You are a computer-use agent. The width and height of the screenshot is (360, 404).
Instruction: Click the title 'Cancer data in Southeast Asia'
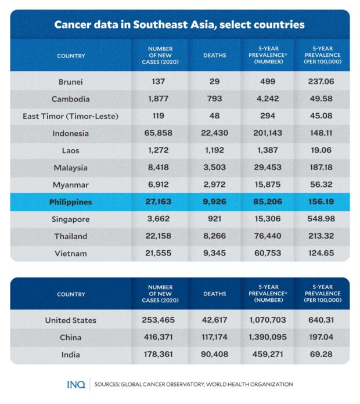(x=179, y=25)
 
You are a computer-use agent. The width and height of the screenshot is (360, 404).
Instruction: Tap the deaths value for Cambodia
(x=214, y=99)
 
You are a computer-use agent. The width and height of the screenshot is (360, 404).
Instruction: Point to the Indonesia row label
(x=71, y=133)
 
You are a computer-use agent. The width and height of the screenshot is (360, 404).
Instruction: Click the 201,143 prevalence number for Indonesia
(x=268, y=133)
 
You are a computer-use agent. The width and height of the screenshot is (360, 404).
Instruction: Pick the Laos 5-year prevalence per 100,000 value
(x=322, y=150)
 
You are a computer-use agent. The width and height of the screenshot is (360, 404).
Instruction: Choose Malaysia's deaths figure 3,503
(x=214, y=168)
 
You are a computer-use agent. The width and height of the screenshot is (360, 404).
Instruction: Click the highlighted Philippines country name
(x=71, y=203)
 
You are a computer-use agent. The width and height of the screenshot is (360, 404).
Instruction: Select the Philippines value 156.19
(x=322, y=203)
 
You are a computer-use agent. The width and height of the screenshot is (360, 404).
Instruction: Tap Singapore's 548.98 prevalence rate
(x=322, y=219)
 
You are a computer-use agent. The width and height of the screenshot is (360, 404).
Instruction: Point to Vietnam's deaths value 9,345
(x=214, y=254)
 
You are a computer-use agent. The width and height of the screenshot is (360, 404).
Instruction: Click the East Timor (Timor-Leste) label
(x=71, y=116)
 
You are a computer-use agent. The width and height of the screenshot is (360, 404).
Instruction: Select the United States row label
(x=71, y=320)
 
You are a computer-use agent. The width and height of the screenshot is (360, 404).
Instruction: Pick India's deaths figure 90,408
(x=214, y=354)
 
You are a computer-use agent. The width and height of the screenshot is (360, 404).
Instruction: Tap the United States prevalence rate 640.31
(x=322, y=320)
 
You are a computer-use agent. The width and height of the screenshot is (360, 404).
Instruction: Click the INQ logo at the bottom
(x=75, y=384)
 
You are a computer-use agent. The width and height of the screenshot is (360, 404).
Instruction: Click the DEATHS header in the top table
(x=214, y=56)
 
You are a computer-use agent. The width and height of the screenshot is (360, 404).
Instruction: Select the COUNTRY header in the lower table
(x=71, y=294)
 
